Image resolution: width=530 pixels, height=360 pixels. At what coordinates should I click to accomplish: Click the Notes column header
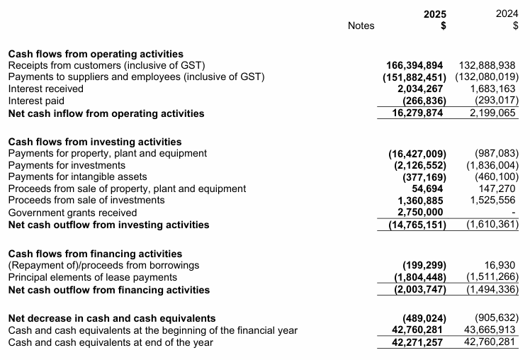coord(361,26)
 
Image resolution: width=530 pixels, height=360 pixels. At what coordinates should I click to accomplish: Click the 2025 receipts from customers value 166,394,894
coord(415,65)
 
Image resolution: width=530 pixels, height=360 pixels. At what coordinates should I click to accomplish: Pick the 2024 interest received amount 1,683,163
coord(495,89)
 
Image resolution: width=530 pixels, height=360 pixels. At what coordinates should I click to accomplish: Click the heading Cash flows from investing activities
coord(94,142)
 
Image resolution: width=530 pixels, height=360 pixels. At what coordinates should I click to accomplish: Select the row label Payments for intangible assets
coord(77,176)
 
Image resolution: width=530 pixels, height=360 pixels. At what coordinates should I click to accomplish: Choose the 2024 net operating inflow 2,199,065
coord(495,113)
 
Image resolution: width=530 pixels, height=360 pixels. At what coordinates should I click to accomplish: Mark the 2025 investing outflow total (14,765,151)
coord(417,225)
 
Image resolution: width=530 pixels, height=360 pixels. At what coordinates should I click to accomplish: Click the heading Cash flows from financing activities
coord(94,254)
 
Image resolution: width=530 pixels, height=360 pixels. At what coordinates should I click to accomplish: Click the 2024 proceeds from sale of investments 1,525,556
coord(495,201)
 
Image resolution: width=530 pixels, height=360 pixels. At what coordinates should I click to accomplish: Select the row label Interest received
coord(45,89)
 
